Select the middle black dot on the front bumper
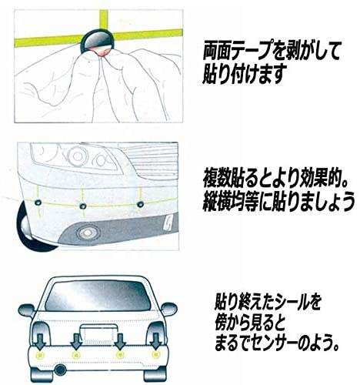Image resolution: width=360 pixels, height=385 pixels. click(83, 206)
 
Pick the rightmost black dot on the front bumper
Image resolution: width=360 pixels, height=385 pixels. click(140, 205)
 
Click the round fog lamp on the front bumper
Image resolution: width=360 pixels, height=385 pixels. click(87, 233)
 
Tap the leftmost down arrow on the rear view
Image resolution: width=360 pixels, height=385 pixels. click(40, 341)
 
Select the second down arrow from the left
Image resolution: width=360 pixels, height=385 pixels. click(76, 341)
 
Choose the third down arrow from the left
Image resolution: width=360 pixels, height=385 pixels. click(119, 341)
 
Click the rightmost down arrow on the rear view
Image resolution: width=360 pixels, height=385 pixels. click(155, 341)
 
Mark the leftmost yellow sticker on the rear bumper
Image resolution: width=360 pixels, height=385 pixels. click(40, 356)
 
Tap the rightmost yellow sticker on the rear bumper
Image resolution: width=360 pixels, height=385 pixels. click(155, 355)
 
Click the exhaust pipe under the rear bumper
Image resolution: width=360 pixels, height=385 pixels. click(61, 369)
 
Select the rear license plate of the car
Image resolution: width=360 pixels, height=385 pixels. click(98, 334)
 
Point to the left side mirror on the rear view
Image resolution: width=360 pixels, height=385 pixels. click(27, 310)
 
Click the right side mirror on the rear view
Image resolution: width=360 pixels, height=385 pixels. click(168, 309)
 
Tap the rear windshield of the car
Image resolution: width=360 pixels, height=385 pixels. click(98, 296)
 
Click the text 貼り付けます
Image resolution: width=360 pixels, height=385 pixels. click(244, 75)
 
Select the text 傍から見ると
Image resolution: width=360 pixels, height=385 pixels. click(250, 324)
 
